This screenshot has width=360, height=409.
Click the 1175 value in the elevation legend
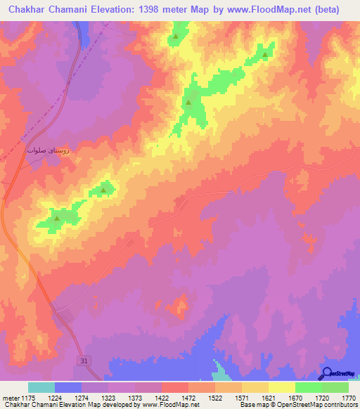[29, 398]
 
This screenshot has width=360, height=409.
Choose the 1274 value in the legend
[82, 398]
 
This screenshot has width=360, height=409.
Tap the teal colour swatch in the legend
[41, 387]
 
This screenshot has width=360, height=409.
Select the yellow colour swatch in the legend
[281, 387]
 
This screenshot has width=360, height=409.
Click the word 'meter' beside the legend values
[11, 398]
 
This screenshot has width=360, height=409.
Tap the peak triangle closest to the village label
[104, 190]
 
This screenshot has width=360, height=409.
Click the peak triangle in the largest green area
[188, 103]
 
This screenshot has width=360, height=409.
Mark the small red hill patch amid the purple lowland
[181, 306]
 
